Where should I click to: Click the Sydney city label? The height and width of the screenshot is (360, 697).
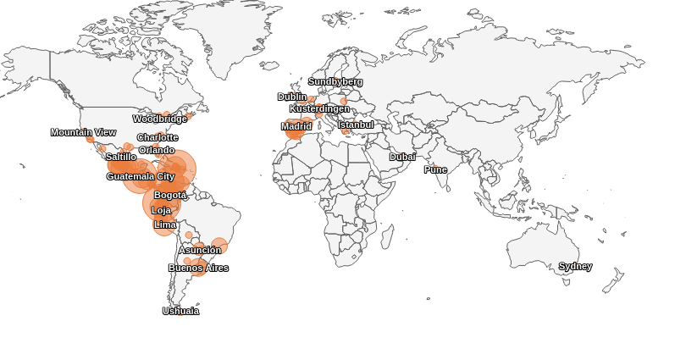(575, 266)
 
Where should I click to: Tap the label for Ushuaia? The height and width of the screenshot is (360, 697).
(180, 311)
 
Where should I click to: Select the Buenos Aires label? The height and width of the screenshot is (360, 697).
(198, 268)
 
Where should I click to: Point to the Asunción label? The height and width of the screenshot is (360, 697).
(200, 250)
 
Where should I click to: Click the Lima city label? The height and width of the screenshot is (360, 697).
(165, 224)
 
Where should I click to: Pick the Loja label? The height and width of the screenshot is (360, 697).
(161, 210)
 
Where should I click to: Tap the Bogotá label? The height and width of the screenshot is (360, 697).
(170, 195)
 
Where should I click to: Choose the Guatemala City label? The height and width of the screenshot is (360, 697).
(141, 176)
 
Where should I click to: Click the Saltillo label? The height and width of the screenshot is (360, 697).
(121, 157)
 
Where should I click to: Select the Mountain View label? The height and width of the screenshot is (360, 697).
(83, 132)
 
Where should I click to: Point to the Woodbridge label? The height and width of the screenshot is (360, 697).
(160, 119)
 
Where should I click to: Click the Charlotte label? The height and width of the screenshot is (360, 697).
(158, 137)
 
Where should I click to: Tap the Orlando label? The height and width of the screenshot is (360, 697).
(157, 150)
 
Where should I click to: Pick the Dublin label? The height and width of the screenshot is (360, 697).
(292, 97)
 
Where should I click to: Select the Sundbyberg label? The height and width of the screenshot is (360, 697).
(335, 81)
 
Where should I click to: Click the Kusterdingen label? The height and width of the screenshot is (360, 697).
(319, 108)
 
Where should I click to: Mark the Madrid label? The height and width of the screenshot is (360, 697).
(296, 126)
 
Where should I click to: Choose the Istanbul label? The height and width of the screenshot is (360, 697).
(356, 125)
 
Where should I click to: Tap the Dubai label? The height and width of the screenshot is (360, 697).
(402, 157)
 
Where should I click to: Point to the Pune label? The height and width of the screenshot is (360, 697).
(435, 169)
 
